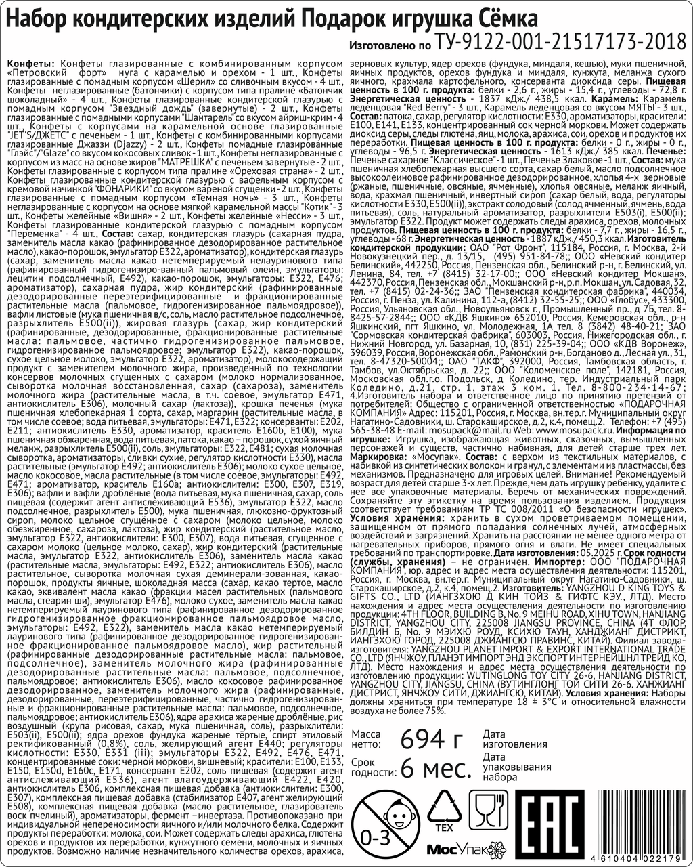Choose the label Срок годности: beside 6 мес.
(372, 769)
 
